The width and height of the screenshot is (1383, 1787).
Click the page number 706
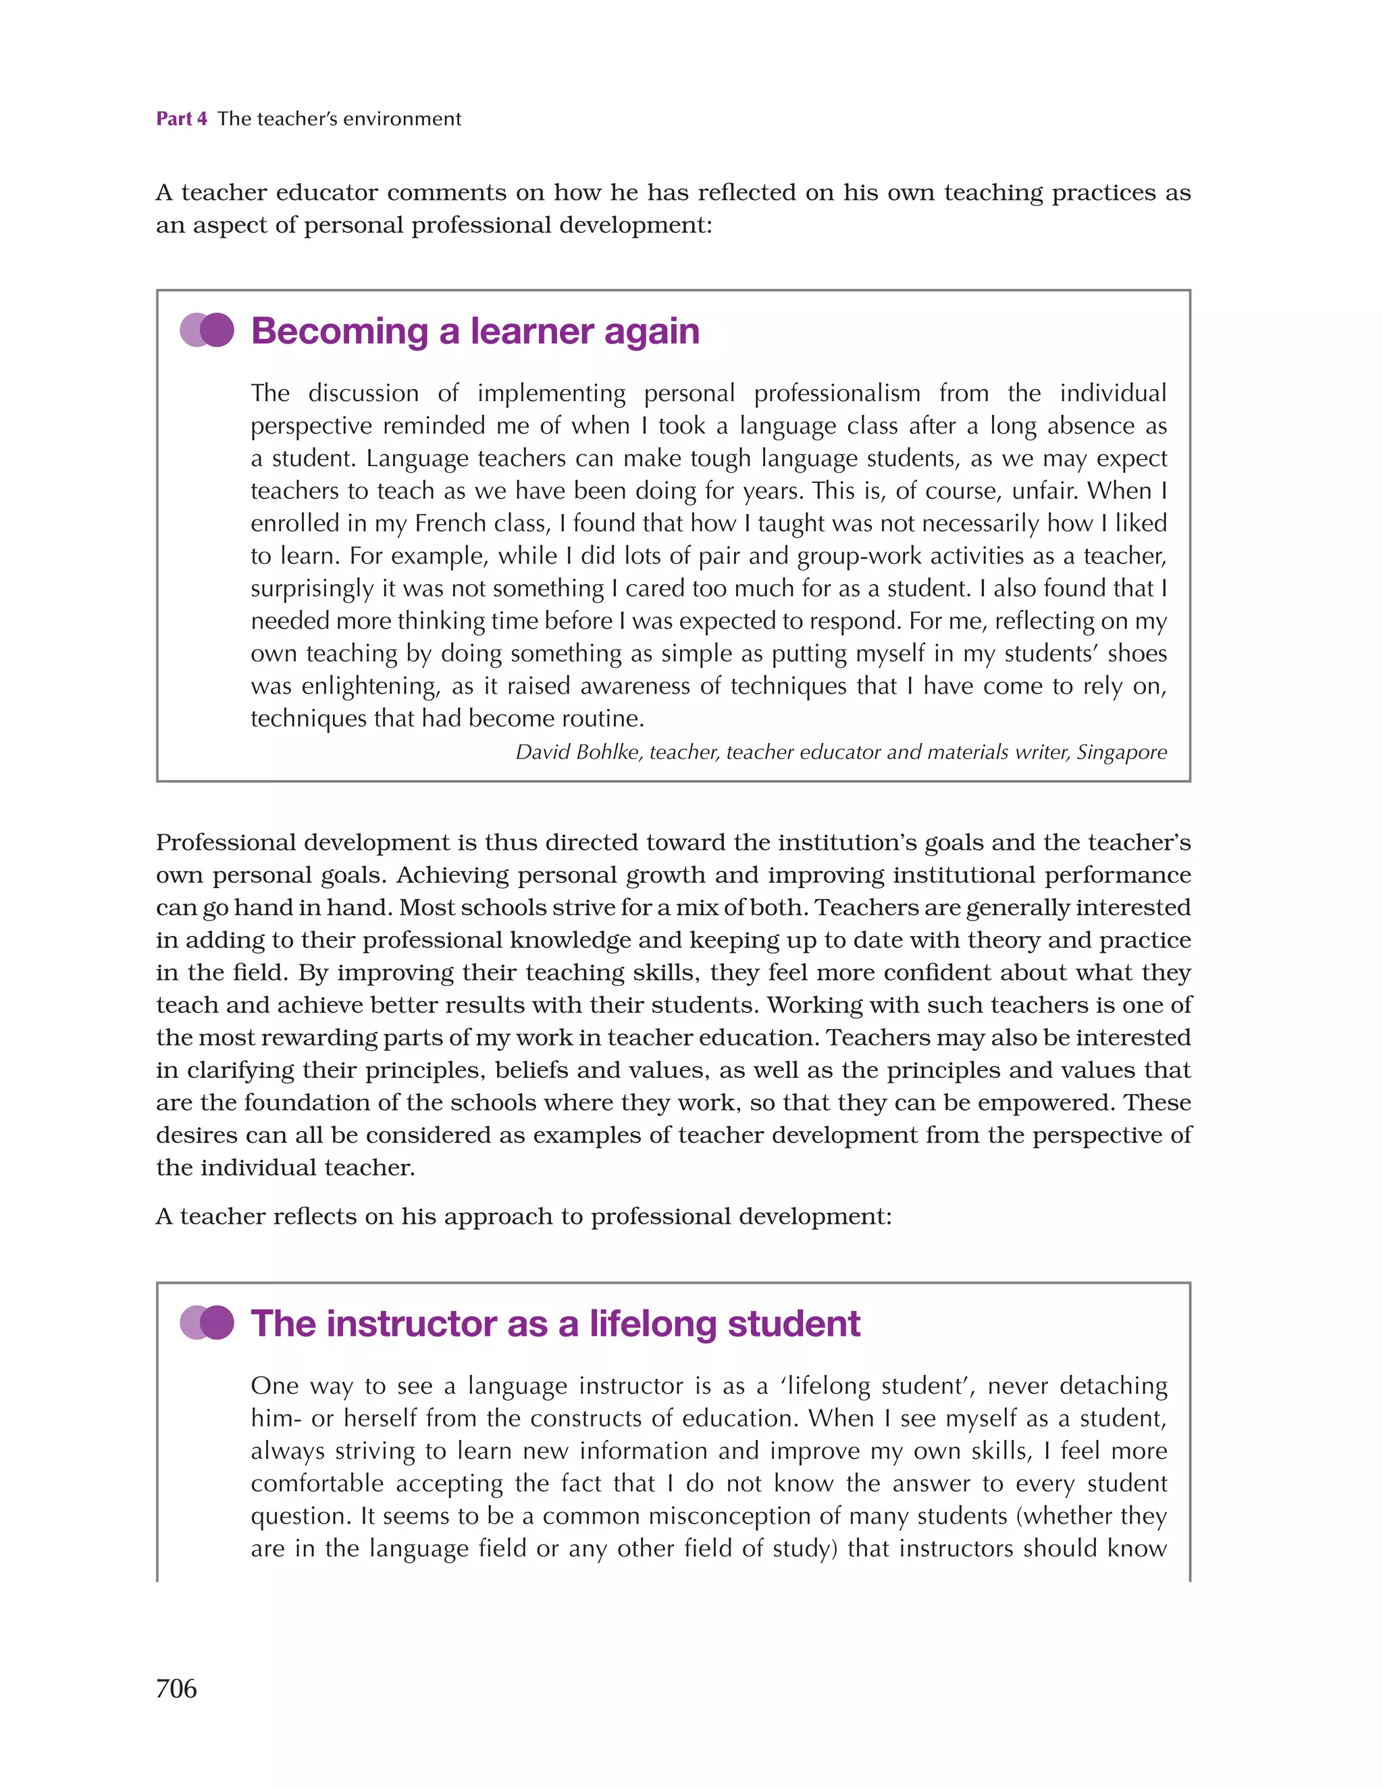[x=176, y=1688]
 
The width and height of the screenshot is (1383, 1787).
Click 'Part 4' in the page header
[x=182, y=119]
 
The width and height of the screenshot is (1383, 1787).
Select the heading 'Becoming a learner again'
[x=475, y=332]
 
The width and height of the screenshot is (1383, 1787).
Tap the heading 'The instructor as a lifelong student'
[x=555, y=1324]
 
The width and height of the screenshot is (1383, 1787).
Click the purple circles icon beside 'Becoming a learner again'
[x=207, y=330]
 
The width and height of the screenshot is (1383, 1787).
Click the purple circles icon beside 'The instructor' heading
[x=207, y=1323]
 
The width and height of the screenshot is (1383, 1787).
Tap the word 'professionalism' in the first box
[x=836, y=393]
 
